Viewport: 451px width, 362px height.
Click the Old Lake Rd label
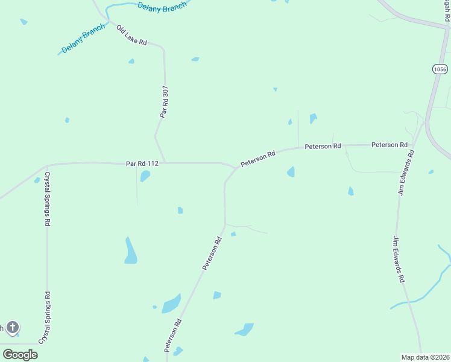click(x=131, y=36)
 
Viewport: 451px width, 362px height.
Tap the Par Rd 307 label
click(x=164, y=101)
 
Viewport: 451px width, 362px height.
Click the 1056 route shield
click(x=440, y=69)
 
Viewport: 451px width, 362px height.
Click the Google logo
click(x=20, y=354)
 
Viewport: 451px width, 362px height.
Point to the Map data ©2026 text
click(x=425, y=357)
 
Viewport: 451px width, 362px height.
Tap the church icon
click(x=12, y=328)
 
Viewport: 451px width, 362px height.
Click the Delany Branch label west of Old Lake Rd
click(x=83, y=41)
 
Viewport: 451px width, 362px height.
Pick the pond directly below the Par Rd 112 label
click(x=145, y=176)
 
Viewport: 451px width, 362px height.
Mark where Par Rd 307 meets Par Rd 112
click(x=165, y=162)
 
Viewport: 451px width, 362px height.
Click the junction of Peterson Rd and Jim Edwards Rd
click(x=414, y=145)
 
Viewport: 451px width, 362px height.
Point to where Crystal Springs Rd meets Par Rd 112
click(x=47, y=165)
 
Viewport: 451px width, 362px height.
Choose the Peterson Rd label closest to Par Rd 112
click(x=258, y=159)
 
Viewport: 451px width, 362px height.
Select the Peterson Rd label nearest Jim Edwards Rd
click(x=389, y=145)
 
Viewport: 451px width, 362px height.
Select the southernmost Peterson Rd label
click(x=172, y=336)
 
